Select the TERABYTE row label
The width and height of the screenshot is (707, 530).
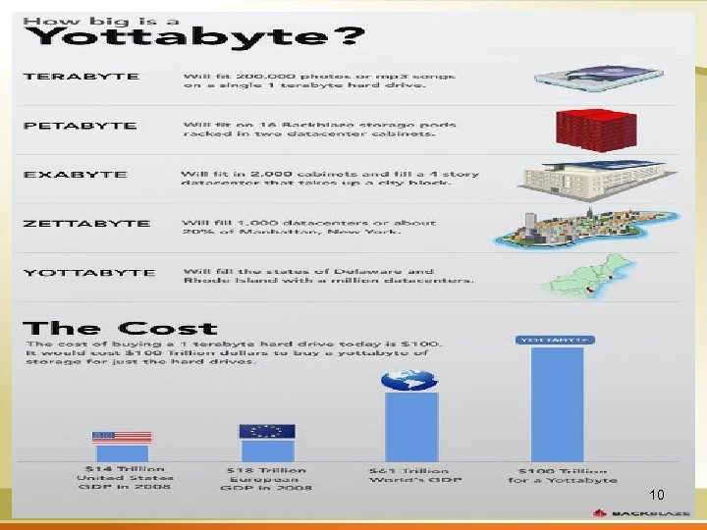pyautogui.click(x=82, y=77)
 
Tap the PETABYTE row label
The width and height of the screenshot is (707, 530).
pyautogui.click(x=81, y=126)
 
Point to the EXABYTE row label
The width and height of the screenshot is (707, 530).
pyautogui.click(x=76, y=175)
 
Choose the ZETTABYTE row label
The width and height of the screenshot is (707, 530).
pyautogui.click(x=87, y=224)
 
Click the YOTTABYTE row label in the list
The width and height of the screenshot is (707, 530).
pyautogui.click(x=88, y=273)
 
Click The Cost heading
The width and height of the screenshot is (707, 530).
pyautogui.click(x=120, y=329)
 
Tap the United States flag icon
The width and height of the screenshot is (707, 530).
pyautogui.click(x=122, y=437)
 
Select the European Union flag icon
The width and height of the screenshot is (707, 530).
pyautogui.click(x=266, y=431)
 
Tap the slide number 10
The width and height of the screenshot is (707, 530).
pyautogui.click(x=657, y=494)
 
